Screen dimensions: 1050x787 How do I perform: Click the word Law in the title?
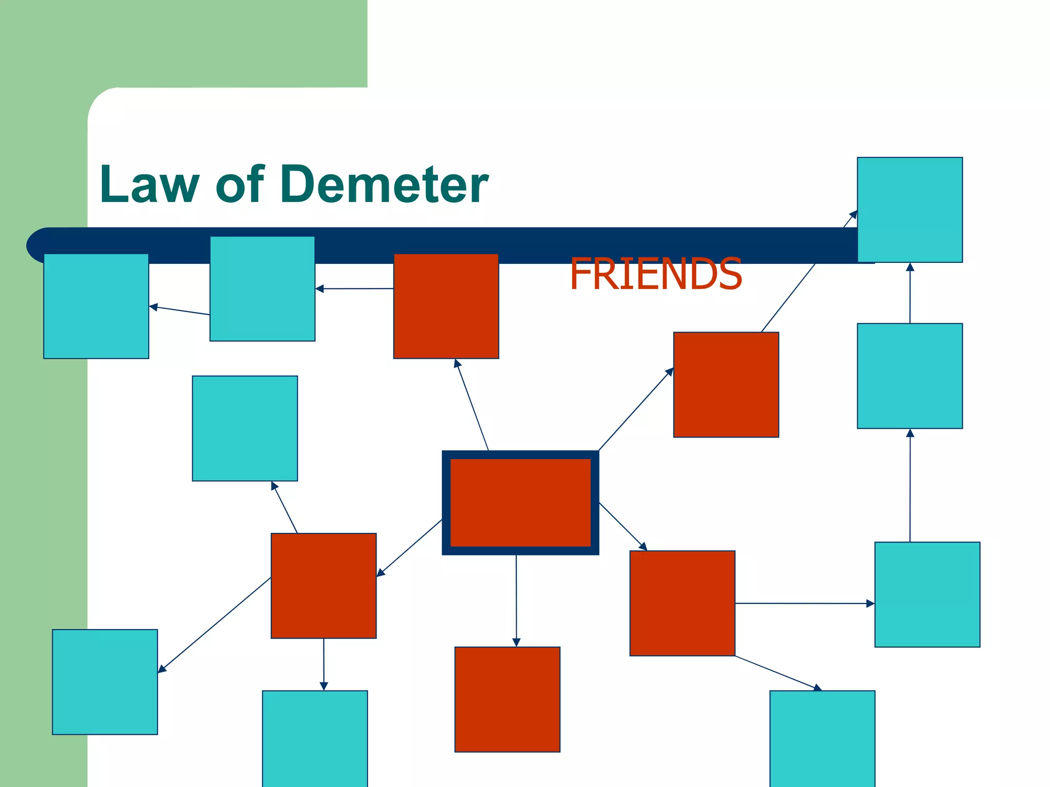[x=149, y=184]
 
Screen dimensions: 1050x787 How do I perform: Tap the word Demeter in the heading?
[x=384, y=184]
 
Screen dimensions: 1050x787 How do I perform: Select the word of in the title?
[x=240, y=184]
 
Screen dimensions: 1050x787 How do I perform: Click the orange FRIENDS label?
[x=656, y=274]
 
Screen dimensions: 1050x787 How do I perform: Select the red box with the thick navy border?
[x=520, y=503]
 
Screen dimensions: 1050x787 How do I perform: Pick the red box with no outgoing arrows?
[x=507, y=699]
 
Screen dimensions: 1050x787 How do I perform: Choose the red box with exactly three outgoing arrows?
[x=324, y=586]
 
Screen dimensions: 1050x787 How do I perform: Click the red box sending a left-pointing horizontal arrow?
[x=446, y=306]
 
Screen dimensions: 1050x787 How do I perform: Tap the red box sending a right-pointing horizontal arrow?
[x=682, y=603]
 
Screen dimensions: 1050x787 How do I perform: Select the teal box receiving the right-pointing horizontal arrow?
[x=927, y=594]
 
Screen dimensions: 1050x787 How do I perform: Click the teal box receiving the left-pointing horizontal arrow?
[x=262, y=288]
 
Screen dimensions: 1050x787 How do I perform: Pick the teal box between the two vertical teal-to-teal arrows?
[x=910, y=376]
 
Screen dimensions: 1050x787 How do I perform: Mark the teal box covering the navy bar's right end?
[x=910, y=210]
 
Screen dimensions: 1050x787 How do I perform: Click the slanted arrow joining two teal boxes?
[x=179, y=310]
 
